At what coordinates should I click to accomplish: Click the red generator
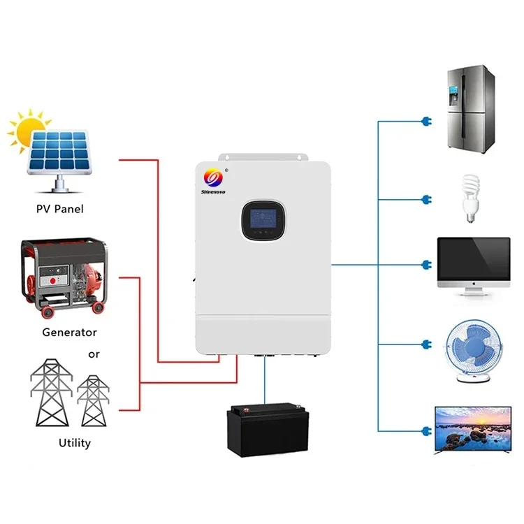point(64,275)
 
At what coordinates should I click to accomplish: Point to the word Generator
point(69,333)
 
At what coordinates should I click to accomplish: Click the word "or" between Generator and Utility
point(94,354)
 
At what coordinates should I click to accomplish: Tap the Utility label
point(73,443)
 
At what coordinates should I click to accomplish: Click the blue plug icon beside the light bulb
point(424,201)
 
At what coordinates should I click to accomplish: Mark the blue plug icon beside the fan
point(424,345)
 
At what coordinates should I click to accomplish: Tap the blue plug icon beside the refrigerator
point(424,122)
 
